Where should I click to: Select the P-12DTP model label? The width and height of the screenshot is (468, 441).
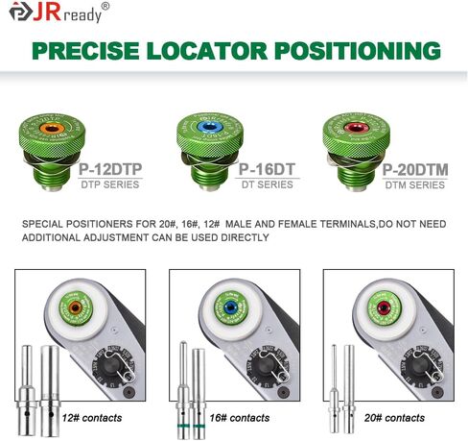[x=106, y=169]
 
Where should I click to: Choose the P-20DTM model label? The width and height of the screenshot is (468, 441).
[x=414, y=169]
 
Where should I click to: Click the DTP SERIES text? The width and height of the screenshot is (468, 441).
[x=106, y=184]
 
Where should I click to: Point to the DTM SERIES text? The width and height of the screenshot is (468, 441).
[x=414, y=184]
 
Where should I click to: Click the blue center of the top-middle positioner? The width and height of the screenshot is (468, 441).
[x=207, y=129]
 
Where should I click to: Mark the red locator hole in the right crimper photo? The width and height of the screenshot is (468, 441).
[x=385, y=308]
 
